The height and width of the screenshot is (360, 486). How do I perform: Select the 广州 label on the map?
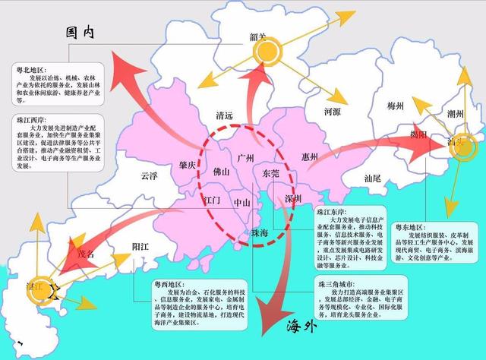pos(245,158)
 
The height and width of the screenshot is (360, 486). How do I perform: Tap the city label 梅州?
pos(400,106)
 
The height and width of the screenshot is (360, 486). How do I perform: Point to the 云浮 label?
pos(149,175)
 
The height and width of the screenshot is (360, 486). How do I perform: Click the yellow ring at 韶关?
pos(268,52)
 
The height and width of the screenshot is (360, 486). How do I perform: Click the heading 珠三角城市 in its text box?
pos(336,283)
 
